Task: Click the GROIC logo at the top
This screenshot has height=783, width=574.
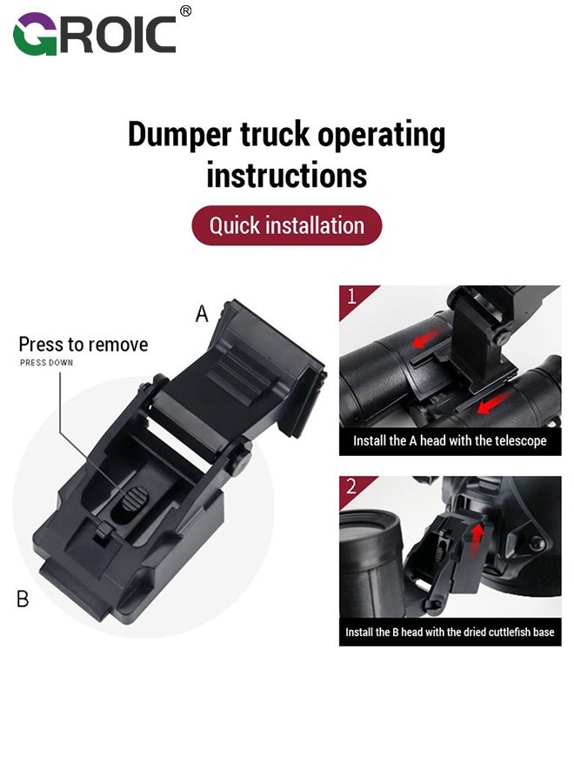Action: (95, 33)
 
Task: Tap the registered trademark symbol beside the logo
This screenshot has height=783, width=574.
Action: (185, 11)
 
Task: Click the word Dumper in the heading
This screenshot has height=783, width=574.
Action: (180, 136)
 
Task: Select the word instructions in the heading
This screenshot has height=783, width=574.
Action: (287, 175)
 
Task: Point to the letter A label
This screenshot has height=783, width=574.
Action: (202, 313)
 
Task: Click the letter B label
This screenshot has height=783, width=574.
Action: (23, 599)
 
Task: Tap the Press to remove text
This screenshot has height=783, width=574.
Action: (83, 345)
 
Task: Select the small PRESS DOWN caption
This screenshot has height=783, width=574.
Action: (46, 363)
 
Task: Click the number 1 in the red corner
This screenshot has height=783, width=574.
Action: (352, 296)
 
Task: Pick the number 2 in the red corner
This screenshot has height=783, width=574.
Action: (351, 485)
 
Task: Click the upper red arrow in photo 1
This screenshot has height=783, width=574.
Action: (427, 337)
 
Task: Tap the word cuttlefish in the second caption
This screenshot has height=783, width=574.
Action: (510, 632)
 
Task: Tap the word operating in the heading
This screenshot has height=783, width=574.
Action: (381, 136)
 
